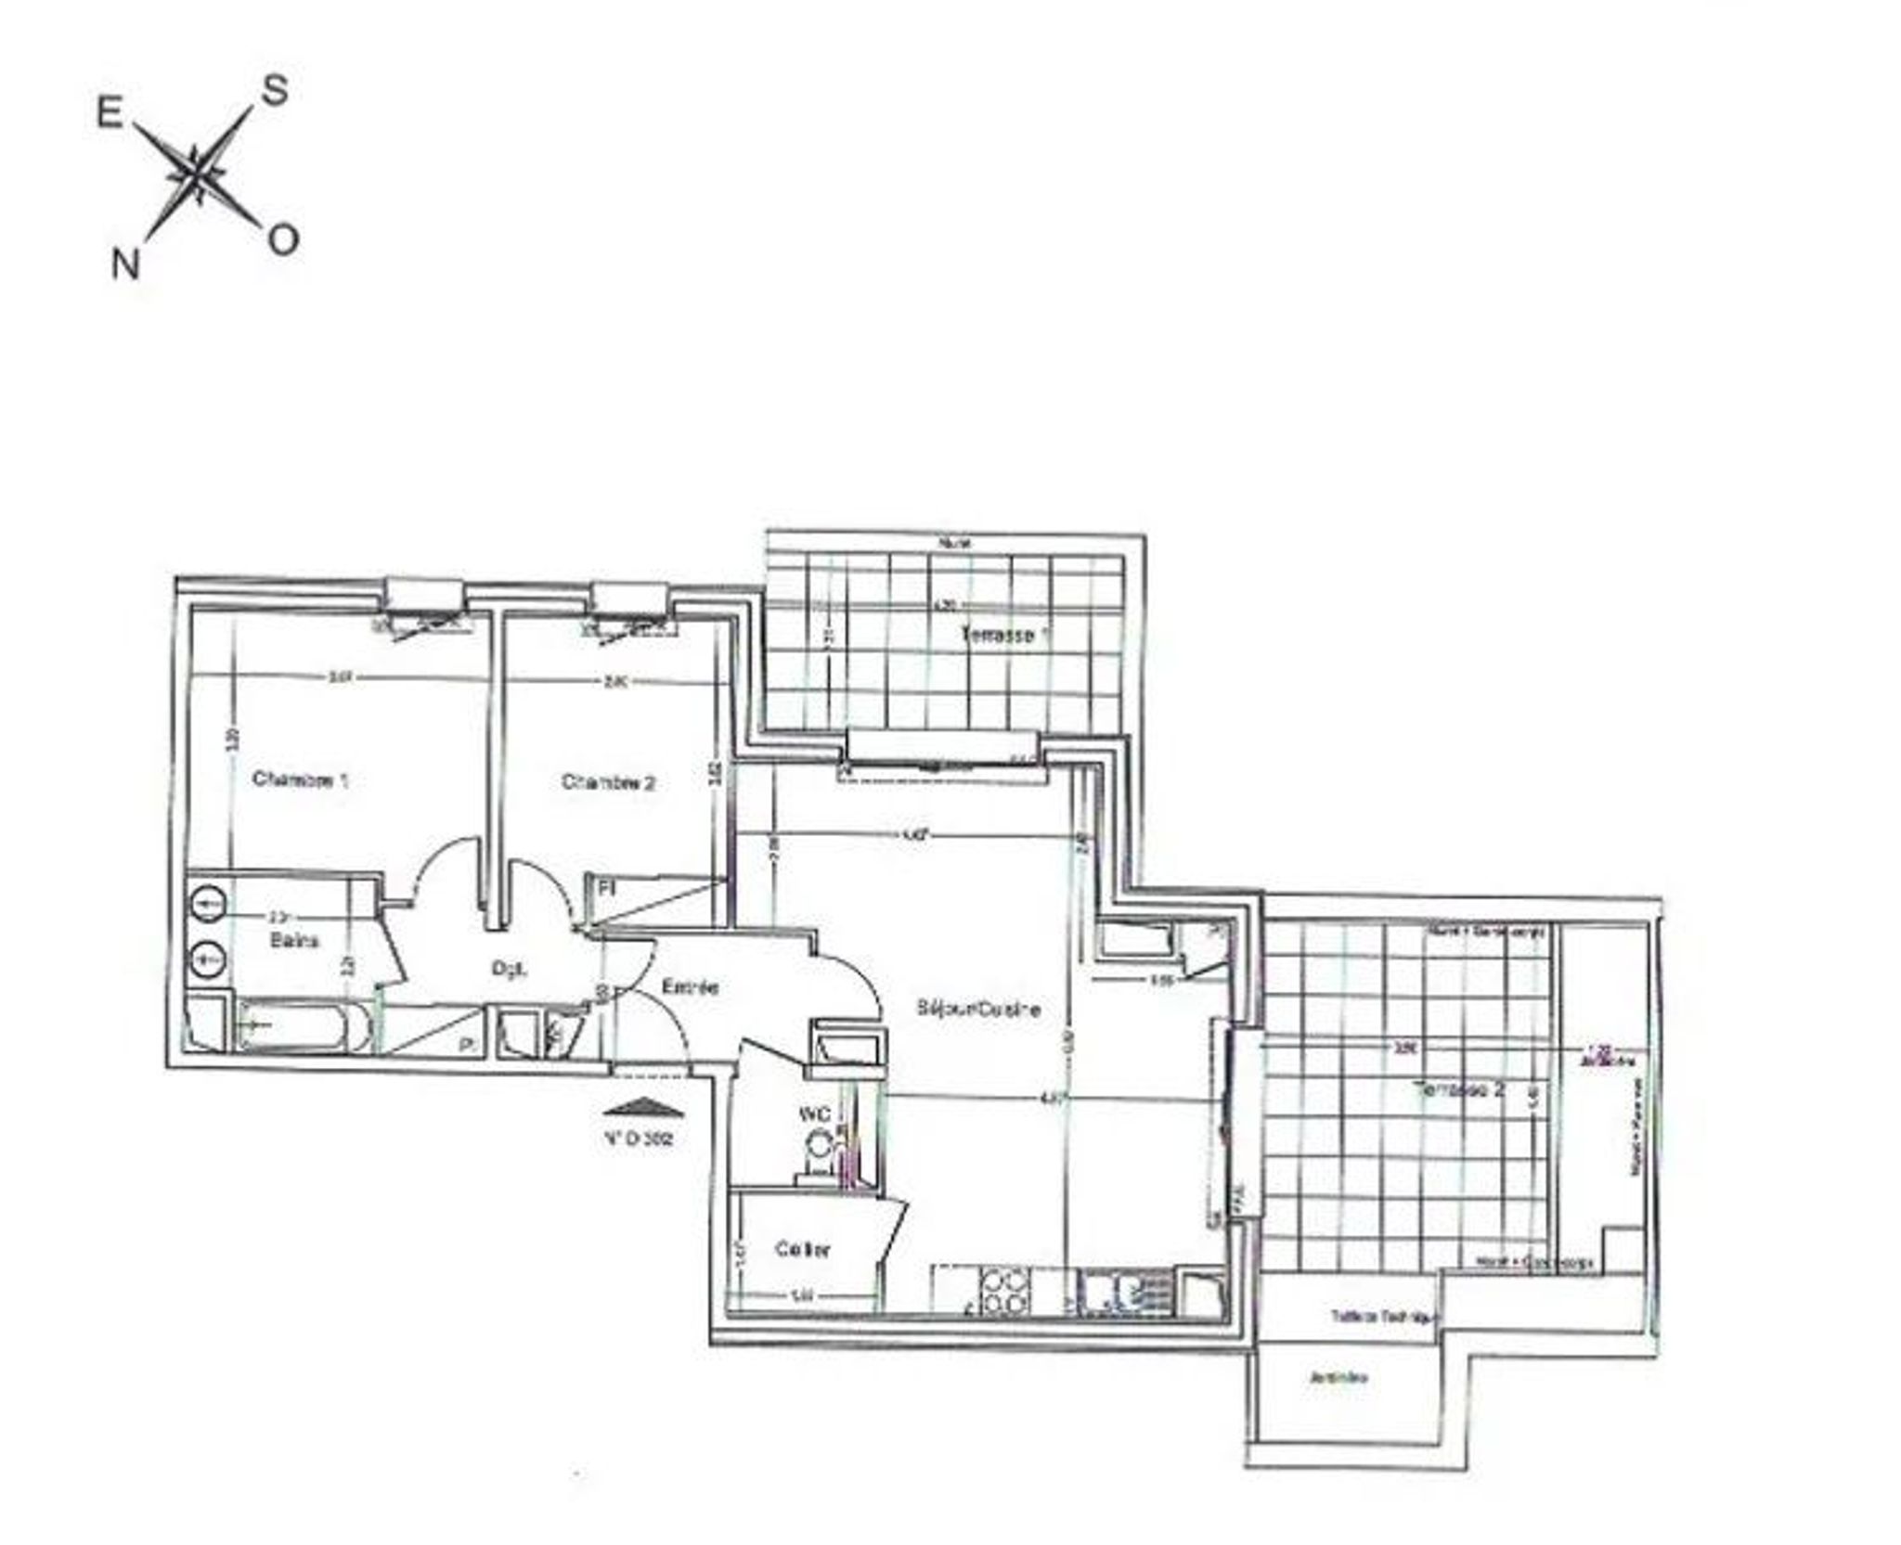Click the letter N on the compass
125,264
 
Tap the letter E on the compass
110,113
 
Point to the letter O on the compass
283,239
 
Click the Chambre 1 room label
300,779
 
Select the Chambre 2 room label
608,782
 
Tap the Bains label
294,940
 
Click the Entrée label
691,987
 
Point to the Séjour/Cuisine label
977,1009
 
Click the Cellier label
803,1250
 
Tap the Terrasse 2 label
1457,1089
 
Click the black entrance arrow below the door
642,1107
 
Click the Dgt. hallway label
509,970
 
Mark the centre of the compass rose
197,174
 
